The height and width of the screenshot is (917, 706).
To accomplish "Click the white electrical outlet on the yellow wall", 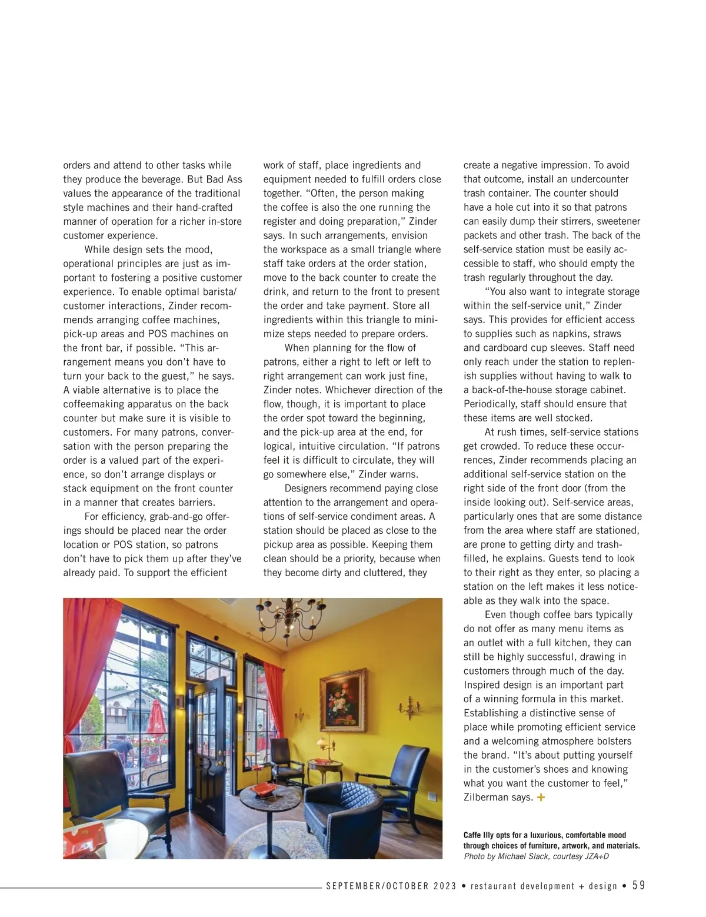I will (432, 796).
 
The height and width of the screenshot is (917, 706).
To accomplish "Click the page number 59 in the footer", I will (638, 885).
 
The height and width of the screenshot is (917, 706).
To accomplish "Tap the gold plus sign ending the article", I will (541, 798).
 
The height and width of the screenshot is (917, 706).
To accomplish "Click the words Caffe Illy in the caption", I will (478, 835).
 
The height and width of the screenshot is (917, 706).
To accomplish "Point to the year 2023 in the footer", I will (445, 886).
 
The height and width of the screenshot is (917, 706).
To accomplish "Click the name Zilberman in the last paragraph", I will (488, 798).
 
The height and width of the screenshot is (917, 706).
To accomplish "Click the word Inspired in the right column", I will (482, 685).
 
